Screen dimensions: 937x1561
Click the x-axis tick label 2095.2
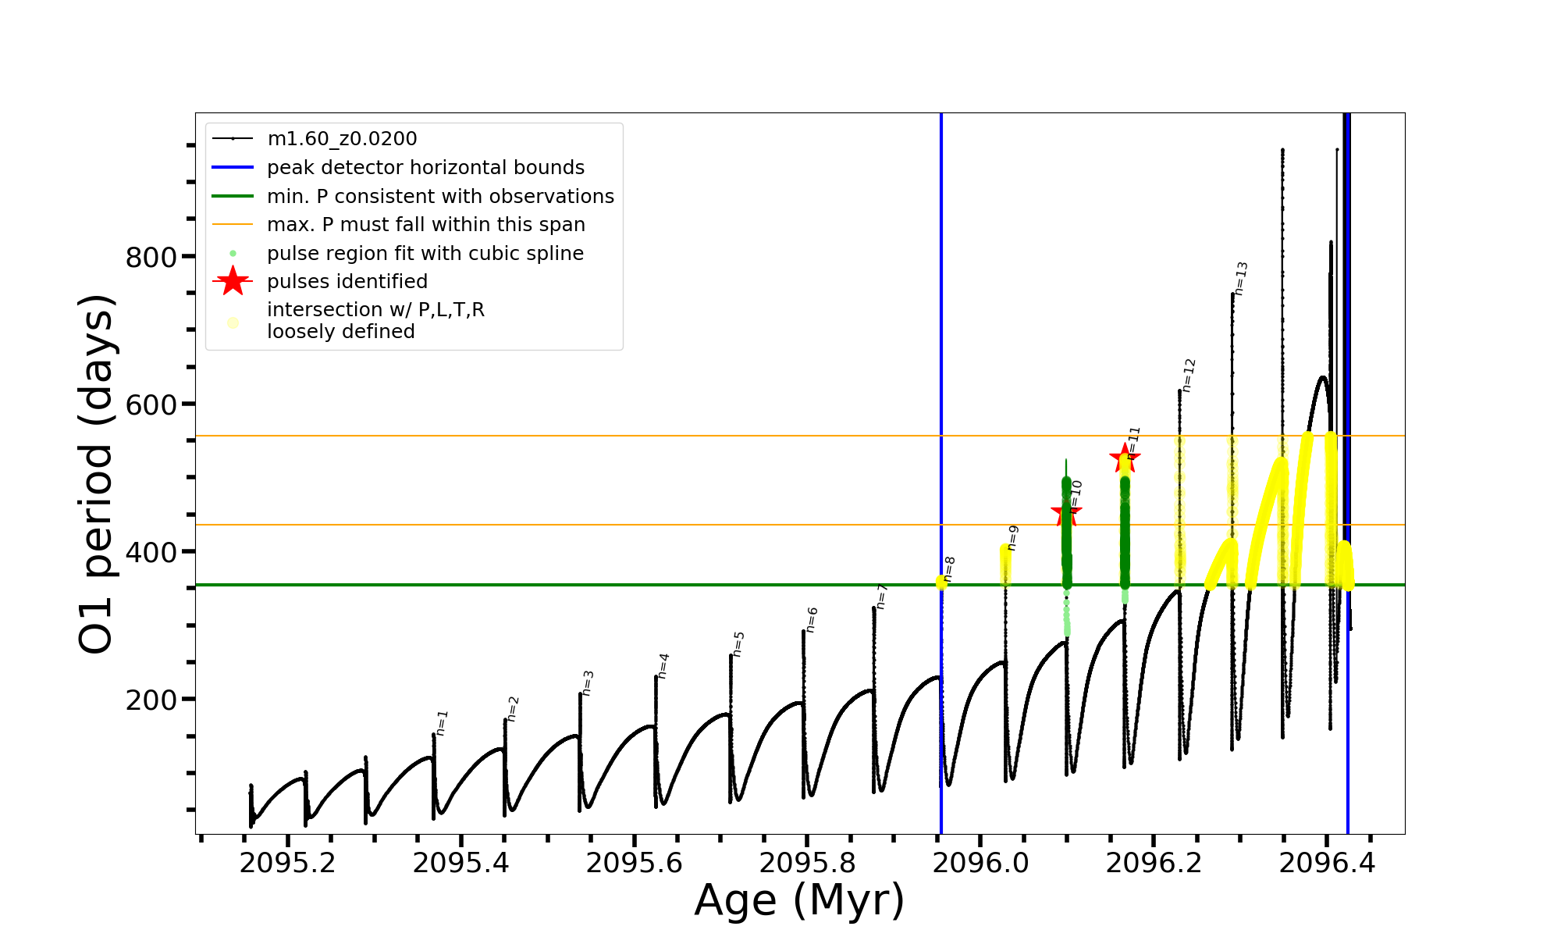[287, 863]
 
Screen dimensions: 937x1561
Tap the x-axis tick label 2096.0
[980, 863]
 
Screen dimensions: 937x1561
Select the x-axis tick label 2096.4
[1327, 863]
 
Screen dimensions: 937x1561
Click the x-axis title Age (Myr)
[799, 900]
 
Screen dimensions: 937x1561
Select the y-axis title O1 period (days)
[97, 474]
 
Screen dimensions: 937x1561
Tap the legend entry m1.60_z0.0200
[342, 139]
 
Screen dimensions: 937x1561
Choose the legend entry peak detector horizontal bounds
[425, 168]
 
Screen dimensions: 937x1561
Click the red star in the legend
[233, 281]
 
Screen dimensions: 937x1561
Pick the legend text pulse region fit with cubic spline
[425, 254]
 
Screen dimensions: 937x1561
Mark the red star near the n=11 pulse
[1125, 458]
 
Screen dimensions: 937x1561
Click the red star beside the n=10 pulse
[1066, 513]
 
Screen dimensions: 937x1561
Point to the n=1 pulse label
[442, 723]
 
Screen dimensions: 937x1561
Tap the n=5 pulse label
[738, 644]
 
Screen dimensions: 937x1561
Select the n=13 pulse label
[1241, 279]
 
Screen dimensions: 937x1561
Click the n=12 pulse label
[1188, 376]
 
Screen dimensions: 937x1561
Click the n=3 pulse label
[588, 683]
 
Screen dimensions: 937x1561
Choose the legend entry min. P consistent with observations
[440, 197]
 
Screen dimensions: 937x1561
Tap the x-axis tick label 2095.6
[634, 863]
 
